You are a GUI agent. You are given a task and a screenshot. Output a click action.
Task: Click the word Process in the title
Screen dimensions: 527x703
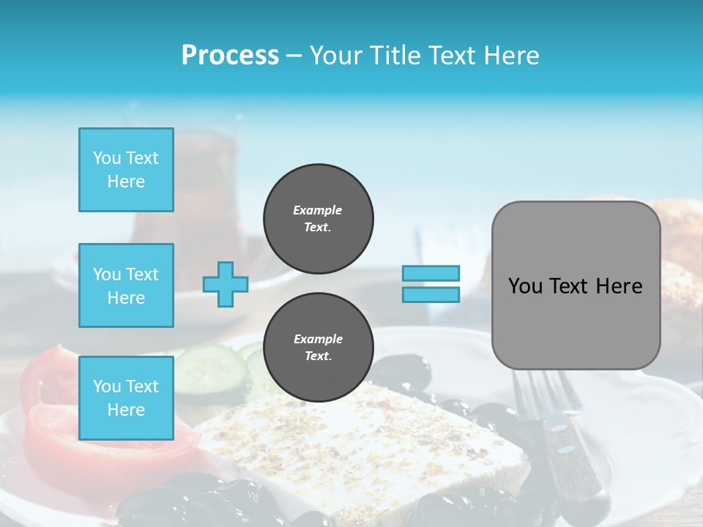click(230, 56)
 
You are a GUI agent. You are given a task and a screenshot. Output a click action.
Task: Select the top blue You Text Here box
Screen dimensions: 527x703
click(126, 170)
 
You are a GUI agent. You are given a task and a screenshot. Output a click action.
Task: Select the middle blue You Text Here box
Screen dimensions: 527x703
click(126, 285)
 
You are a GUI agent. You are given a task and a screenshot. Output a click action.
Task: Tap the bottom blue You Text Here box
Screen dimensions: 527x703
click(126, 398)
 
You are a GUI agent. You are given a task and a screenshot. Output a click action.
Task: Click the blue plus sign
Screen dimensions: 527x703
click(226, 284)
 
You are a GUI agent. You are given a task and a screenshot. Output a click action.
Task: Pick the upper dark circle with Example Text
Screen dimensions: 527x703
click(318, 219)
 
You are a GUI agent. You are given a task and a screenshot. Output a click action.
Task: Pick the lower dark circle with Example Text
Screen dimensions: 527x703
click(318, 348)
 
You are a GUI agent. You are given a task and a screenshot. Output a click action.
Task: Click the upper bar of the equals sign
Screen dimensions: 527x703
click(431, 273)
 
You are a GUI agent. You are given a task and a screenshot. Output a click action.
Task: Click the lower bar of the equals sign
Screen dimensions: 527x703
click(431, 294)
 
